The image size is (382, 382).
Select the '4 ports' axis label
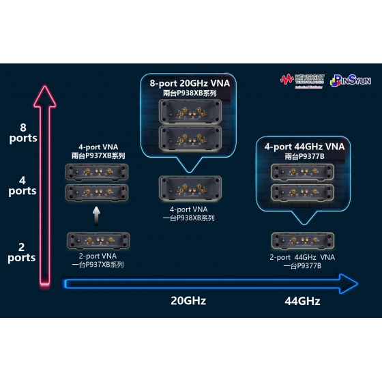tap(23, 186)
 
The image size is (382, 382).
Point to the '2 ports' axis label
tap(23, 252)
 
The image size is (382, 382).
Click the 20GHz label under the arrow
tap(188, 300)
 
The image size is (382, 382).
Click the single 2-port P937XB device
tap(97, 240)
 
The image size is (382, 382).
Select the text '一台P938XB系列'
tap(189, 218)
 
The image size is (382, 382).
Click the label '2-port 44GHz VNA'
tap(302, 257)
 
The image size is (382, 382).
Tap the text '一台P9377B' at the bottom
tap(302, 266)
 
